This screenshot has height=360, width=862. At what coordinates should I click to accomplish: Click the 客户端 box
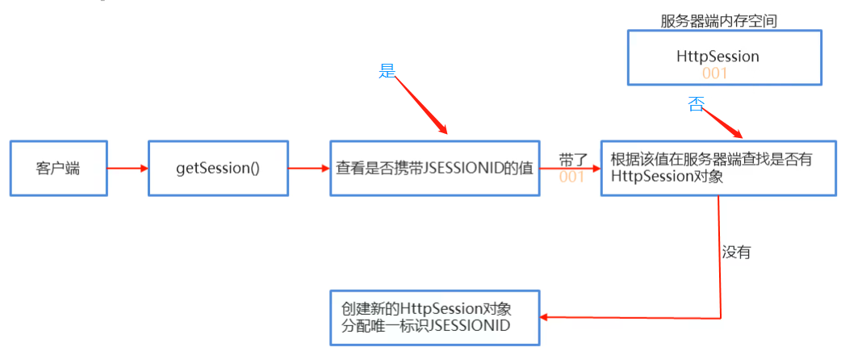click(58, 169)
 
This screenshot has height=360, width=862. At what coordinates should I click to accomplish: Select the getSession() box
click(218, 169)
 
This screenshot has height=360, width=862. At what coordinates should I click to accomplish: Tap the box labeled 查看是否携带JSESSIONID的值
click(434, 169)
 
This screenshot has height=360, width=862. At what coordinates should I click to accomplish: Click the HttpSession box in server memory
click(724, 57)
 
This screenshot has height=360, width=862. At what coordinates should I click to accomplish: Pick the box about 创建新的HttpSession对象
click(434, 317)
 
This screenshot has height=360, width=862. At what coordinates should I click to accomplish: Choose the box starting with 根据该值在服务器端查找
click(718, 168)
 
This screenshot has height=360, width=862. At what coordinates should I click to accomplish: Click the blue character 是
click(387, 70)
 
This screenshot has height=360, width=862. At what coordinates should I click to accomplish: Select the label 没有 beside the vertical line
click(736, 252)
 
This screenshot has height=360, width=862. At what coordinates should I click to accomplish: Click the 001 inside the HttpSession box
click(714, 73)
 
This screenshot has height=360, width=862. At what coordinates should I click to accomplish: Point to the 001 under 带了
click(571, 177)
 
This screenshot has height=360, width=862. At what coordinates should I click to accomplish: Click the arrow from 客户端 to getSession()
click(128, 169)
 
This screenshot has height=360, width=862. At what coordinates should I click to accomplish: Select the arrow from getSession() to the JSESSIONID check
click(308, 169)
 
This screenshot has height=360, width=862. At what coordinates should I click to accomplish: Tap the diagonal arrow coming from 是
click(421, 106)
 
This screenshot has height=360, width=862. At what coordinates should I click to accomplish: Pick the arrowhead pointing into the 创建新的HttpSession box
click(544, 317)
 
